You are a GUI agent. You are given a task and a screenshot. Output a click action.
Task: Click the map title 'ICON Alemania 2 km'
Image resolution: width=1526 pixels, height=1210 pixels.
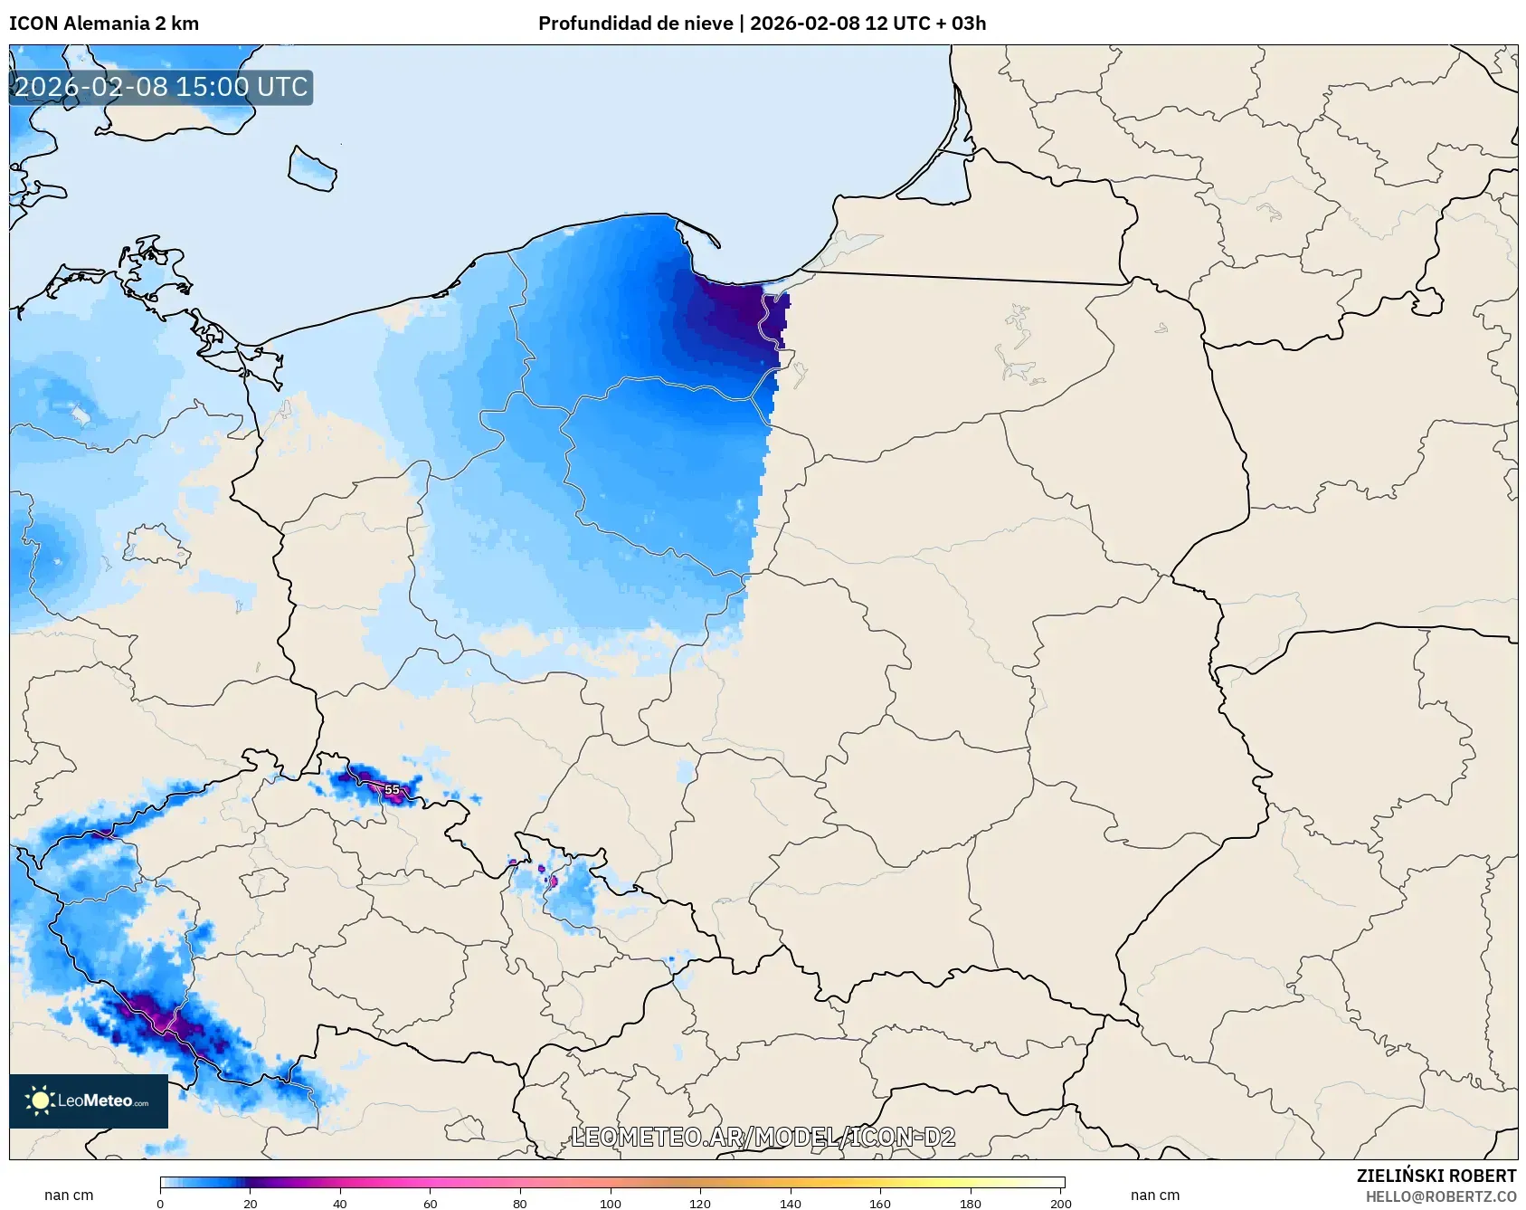click(x=104, y=24)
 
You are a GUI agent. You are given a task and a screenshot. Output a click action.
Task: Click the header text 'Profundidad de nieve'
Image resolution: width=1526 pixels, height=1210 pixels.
click(x=635, y=24)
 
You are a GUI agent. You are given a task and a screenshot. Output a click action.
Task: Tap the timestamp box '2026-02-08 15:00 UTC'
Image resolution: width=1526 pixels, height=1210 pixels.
click(x=161, y=87)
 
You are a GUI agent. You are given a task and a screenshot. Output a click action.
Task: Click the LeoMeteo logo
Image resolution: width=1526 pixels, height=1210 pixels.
click(x=89, y=1100)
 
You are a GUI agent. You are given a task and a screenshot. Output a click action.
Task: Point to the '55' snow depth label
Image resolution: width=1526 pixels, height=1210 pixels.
click(x=392, y=790)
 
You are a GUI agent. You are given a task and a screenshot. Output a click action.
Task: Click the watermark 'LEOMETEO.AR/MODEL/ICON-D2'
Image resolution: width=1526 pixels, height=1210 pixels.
click(x=763, y=1137)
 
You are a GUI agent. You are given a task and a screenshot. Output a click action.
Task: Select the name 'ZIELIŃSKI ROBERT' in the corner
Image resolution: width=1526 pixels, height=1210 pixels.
click(x=1436, y=1176)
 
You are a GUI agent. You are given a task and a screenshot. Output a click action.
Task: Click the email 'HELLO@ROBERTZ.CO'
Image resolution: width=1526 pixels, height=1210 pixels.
click(x=1440, y=1196)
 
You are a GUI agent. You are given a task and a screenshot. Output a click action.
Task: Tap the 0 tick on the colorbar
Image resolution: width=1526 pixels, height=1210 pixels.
click(x=160, y=1203)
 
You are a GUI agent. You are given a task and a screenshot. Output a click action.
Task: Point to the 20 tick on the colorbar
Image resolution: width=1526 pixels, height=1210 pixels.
click(x=251, y=1203)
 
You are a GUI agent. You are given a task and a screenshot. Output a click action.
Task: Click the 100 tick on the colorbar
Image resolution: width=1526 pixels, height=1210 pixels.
click(x=611, y=1203)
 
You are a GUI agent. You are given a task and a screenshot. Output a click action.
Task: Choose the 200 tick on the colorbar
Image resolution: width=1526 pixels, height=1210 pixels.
click(x=1061, y=1203)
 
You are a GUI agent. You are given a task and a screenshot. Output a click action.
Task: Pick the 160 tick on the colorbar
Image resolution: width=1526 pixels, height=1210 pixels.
click(x=880, y=1203)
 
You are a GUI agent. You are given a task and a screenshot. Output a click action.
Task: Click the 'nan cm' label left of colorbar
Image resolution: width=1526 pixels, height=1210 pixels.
click(x=69, y=1195)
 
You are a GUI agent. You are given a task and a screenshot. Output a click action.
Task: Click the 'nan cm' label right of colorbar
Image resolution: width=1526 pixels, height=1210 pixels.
click(x=1154, y=1195)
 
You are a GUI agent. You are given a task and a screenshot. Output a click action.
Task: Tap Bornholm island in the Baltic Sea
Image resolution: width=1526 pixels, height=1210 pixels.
click(x=312, y=169)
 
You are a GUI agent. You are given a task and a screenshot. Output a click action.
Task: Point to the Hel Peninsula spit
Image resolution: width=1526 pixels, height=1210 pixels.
click(x=698, y=234)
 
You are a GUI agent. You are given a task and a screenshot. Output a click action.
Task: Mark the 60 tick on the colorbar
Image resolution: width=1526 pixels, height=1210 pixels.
click(x=430, y=1203)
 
